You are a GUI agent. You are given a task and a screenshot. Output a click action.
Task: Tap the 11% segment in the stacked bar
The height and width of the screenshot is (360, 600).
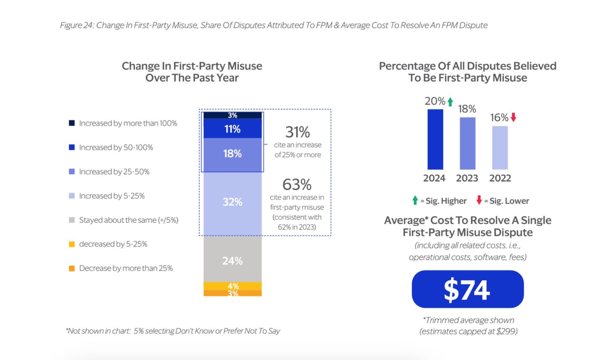[232, 129]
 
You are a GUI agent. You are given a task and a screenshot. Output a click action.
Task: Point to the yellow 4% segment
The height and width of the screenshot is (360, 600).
[232, 286]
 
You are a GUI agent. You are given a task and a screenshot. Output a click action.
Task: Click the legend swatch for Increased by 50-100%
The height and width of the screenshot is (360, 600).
[72, 147]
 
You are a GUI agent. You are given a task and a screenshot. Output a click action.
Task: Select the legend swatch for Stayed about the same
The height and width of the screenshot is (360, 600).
[72, 220]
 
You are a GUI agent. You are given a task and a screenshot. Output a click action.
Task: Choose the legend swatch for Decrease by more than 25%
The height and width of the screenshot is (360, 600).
[72, 268]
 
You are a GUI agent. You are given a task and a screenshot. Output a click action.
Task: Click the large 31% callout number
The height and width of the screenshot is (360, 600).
[297, 132]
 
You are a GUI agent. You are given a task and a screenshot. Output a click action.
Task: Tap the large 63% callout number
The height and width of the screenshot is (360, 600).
[297, 185]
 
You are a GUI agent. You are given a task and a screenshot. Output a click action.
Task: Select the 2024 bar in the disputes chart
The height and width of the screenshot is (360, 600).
[435, 139]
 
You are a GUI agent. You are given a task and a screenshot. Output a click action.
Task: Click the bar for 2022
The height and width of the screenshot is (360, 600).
[500, 148]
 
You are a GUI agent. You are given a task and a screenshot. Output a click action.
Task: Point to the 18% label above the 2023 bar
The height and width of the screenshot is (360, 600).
[467, 109]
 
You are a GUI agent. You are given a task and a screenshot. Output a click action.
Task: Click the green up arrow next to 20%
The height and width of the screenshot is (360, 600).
[450, 102]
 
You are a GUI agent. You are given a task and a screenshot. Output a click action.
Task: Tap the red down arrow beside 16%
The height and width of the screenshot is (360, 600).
[513, 117]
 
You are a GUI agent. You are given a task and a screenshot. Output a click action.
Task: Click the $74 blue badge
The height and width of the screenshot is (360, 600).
[468, 289]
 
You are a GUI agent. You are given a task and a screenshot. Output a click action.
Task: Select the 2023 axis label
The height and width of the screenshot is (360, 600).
[467, 178]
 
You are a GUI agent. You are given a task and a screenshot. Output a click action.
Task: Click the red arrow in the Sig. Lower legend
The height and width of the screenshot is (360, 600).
[479, 200]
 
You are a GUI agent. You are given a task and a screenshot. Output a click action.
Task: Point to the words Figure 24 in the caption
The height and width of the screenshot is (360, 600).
[76, 25]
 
